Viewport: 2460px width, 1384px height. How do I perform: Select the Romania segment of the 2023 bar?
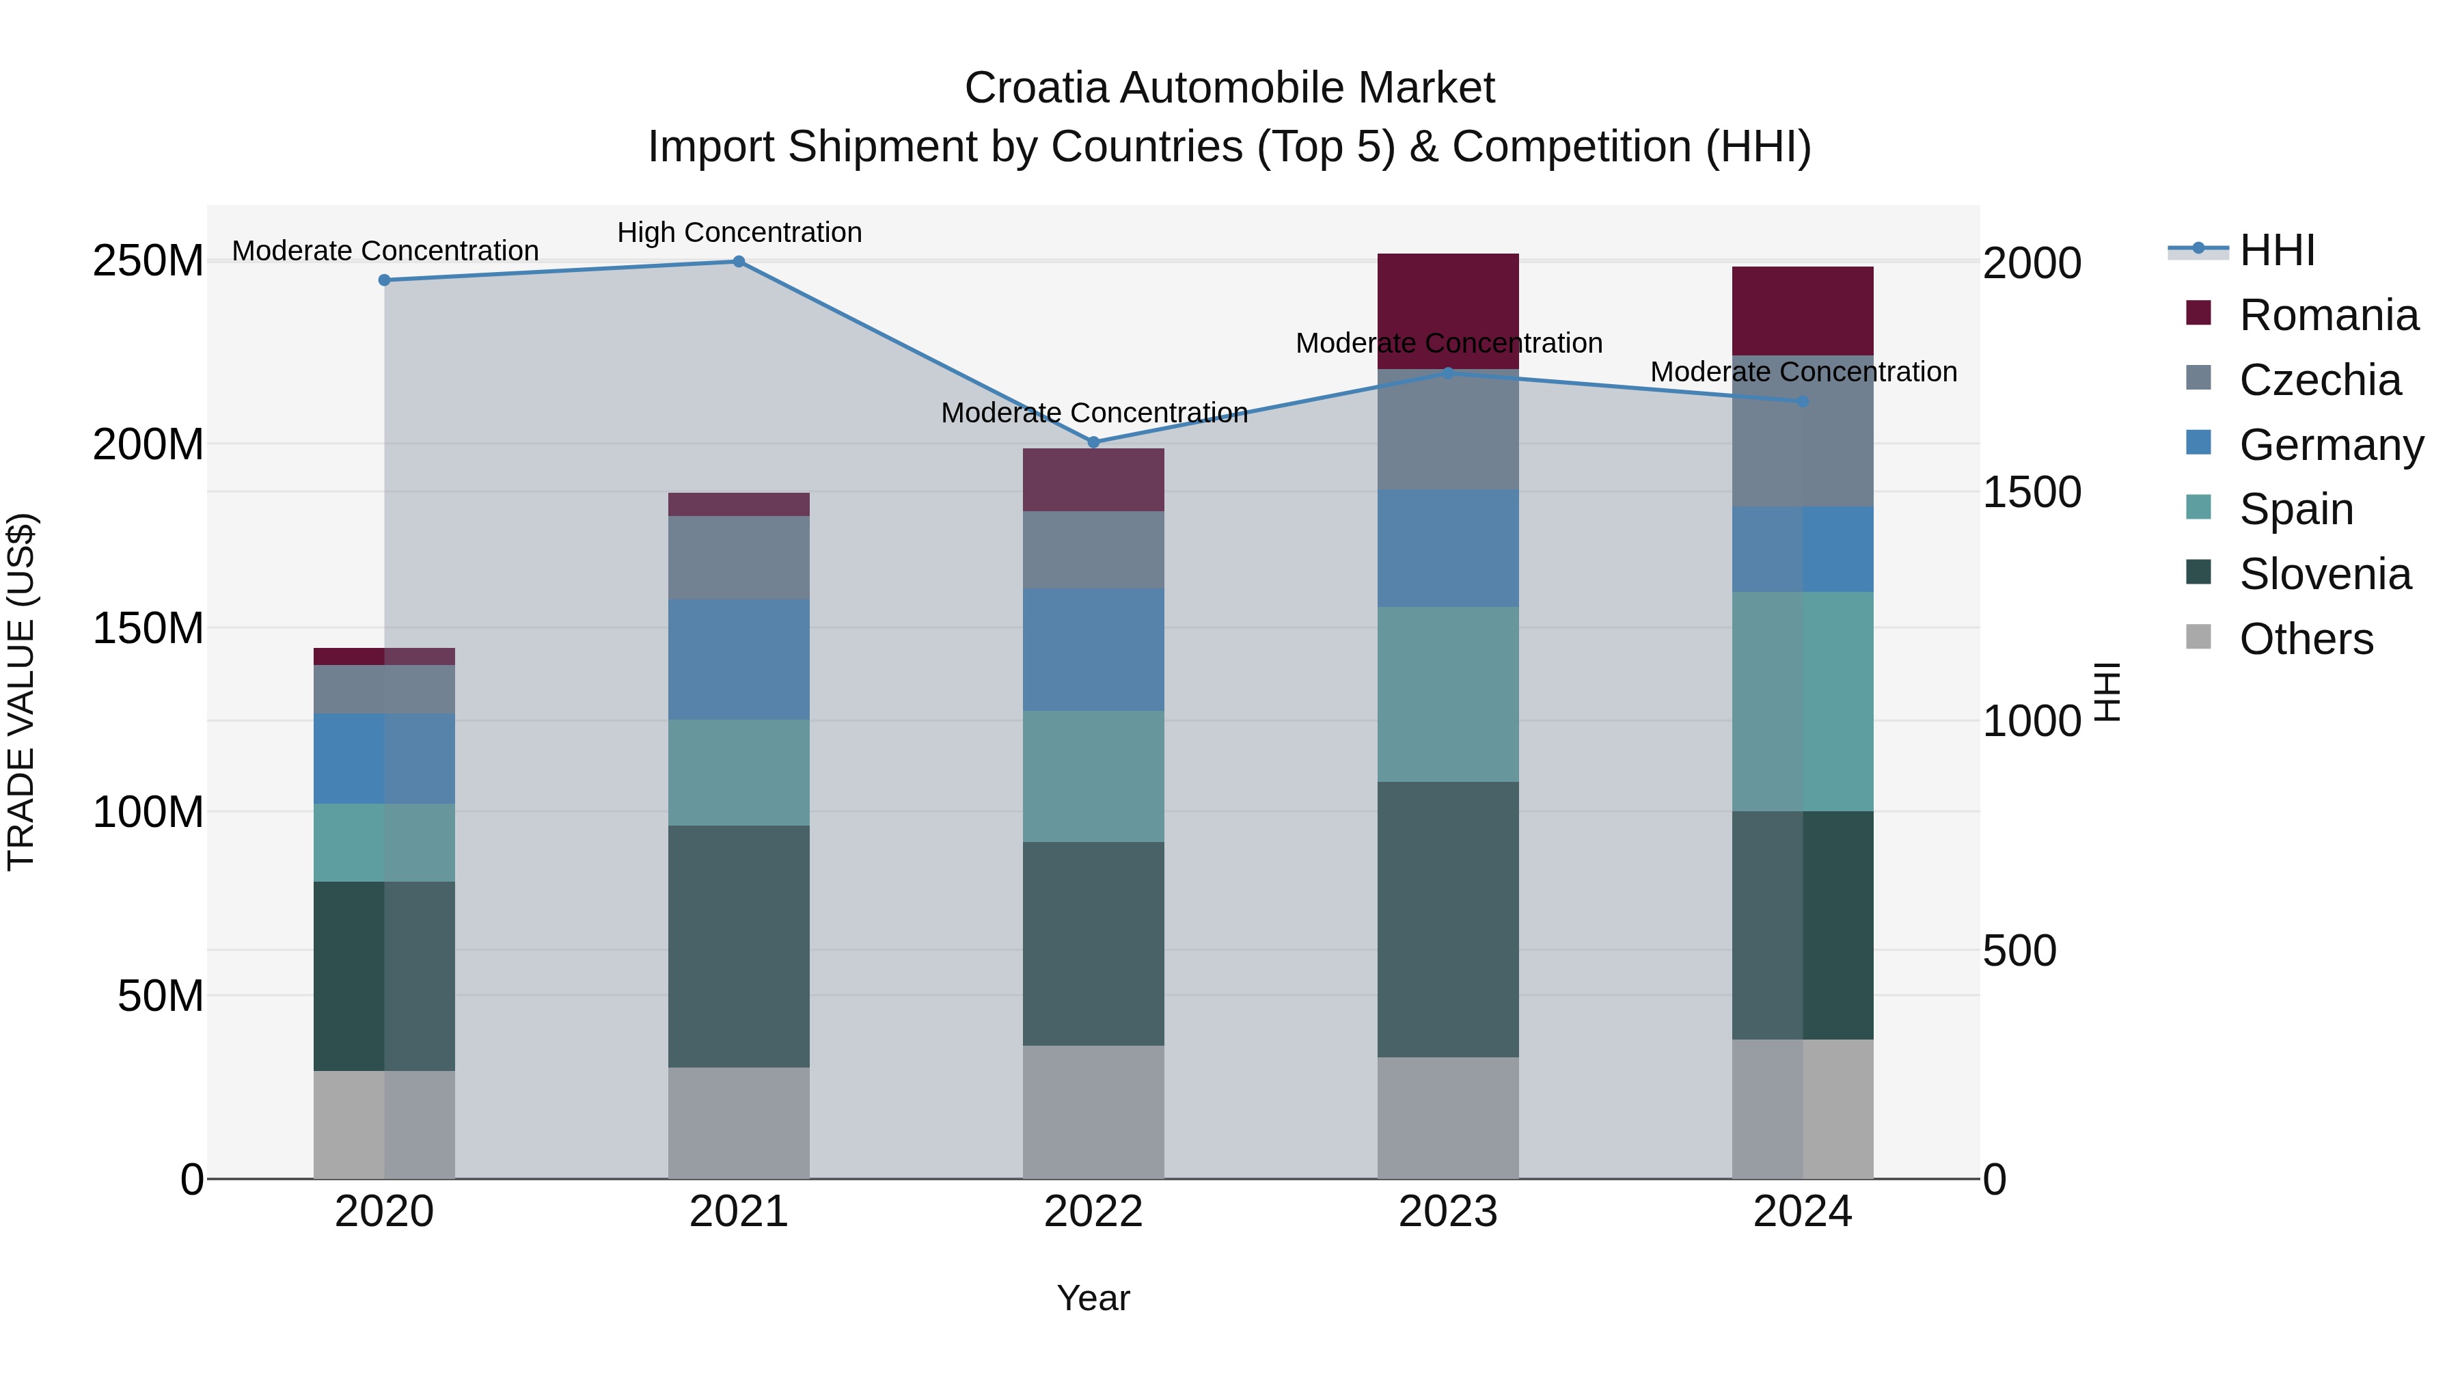pos(1448,310)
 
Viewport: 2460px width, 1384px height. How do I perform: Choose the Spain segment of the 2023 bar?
pos(1448,694)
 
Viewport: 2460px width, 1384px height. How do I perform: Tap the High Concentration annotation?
pos(739,232)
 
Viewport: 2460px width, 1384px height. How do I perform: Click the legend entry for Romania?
pos(2327,315)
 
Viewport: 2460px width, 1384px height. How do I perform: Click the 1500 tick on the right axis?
pos(2032,492)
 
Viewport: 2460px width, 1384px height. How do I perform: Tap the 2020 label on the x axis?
pos(384,1212)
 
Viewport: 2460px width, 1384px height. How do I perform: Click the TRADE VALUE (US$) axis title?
pos(21,692)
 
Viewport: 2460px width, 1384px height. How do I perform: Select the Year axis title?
pos(1093,1298)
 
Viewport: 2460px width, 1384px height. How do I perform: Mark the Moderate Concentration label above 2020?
pos(385,252)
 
